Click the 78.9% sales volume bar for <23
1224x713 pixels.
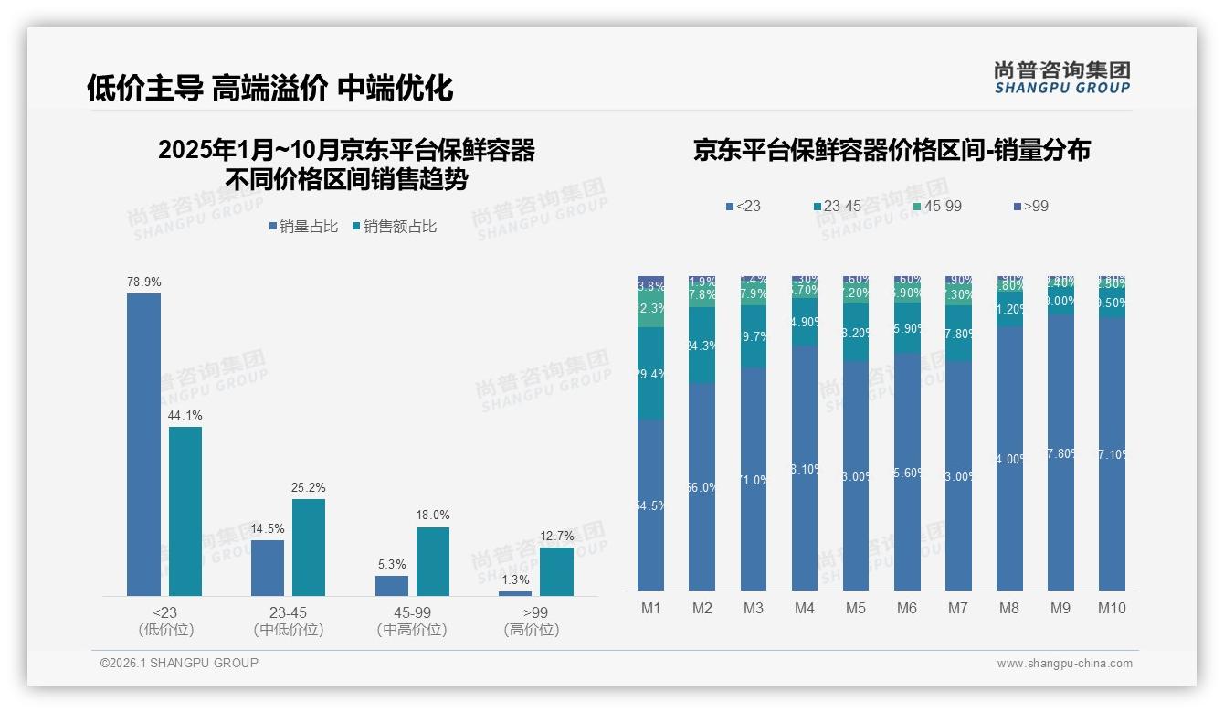pyautogui.click(x=143, y=444)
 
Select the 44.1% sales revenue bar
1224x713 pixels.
pyautogui.click(x=185, y=511)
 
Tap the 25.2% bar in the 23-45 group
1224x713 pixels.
pyautogui.click(x=309, y=547)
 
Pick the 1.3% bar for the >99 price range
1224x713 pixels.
pyautogui.click(x=514, y=593)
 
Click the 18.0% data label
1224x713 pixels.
pyautogui.click(x=432, y=516)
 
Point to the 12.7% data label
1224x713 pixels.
pyautogui.click(x=556, y=536)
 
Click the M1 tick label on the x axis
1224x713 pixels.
pyautogui.click(x=650, y=608)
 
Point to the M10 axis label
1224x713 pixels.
pyautogui.click(x=1112, y=608)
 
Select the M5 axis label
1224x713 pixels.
pyautogui.click(x=855, y=608)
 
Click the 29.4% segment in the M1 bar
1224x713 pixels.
pyautogui.click(x=650, y=374)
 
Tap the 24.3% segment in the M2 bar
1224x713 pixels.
pyautogui.click(x=702, y=346)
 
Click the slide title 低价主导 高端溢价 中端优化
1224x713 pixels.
pyautogui.click(x=270, y=88)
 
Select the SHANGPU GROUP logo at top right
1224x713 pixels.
pyautogui.click(x=1061, y=78)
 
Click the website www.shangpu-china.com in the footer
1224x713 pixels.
pyautogui.click(x=1064, y=664)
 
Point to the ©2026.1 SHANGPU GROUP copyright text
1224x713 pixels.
pyautogui.click(x=179, y=663)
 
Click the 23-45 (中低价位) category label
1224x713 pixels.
pyautogui.click(x=289, y=621)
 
